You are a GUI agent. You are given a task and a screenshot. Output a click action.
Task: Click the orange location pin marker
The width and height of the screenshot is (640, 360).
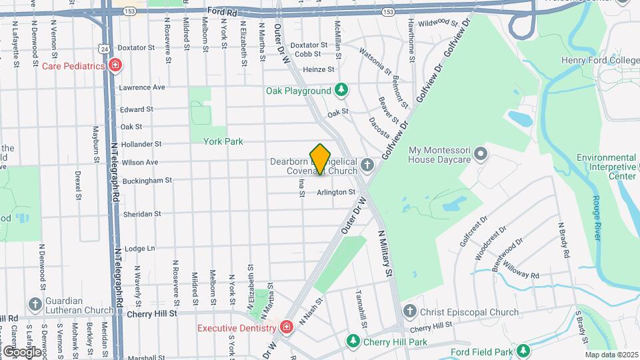click(x=321, y=159)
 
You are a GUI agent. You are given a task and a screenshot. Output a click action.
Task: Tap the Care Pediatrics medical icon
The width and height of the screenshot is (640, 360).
click(x=116, y=65)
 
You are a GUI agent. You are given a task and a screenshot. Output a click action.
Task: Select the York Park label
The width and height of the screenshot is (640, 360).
click(x=223, y=141)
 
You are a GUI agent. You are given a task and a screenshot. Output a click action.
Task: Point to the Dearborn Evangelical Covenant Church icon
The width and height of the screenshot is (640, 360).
click(x=366, y=165)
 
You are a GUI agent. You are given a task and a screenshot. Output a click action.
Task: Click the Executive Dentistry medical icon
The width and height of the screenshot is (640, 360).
click(x=286, y=327)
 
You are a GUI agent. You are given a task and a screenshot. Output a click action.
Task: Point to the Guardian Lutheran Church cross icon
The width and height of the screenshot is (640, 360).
click(x=35, y=305)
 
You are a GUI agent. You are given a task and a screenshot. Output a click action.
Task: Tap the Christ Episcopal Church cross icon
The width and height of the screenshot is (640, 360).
click(x=411, y=311)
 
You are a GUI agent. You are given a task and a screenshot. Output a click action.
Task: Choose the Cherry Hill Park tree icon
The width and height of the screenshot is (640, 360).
click(x=353, y=341)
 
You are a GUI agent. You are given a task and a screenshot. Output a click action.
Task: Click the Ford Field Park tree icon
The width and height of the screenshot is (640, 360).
click(x=523, y=351)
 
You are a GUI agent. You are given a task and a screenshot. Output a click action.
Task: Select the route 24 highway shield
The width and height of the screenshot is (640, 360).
click(x=103, y=49)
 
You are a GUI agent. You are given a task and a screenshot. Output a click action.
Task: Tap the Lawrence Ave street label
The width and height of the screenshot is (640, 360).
click(x=141, y=87)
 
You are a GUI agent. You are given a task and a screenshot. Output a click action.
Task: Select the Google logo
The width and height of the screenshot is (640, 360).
click(x=21, y=351)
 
